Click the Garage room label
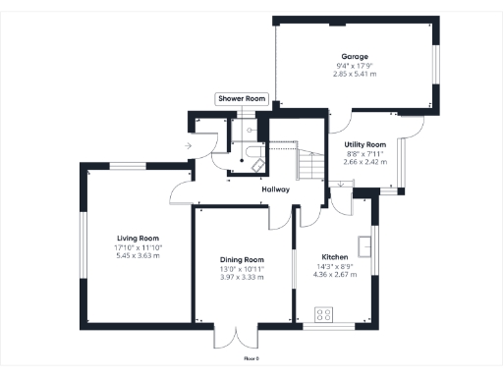tap(355, 57)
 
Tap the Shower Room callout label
tap(242, 99)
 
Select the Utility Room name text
tap(364, 144)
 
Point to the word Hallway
tap(275, 189)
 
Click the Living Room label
tap(139, 238)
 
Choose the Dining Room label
tap(242, 259)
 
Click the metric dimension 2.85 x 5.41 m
tap(355, 74)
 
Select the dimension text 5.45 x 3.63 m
tap(139, 255)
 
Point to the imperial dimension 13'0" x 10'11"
tap(242, 268)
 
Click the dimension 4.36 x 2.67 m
tap(334, 276)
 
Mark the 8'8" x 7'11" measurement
tap(364, 153)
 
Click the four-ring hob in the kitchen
tap(323, 316)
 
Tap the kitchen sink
tap(364, 244)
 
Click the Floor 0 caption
tap(251, 360)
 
